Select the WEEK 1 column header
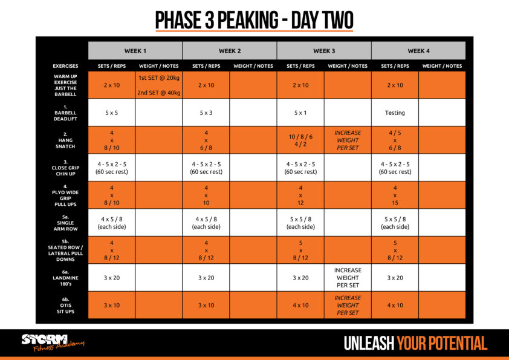pyautogui.click(x=135, y=51)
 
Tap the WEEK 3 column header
pyautogui.click(x=324, y=51)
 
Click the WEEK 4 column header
pyautogui.click(x=418, y=51)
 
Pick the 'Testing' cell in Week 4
pyautogui.click(x=395, y=113)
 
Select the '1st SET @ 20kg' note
pyautogui.click(x=158, y=78)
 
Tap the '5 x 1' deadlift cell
pyautogui.click(x=300, y=113)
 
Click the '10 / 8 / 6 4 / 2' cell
pyautogui.click(x=300, y=140)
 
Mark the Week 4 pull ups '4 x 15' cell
pyautogui.click(x=395, y=195)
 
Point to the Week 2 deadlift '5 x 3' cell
pyautogui.click(x=206, y=113)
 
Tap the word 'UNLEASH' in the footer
pyautogui.click(x=369, y=344)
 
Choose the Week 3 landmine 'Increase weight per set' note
pyautogui.click(x=348, y=278)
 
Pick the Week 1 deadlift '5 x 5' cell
pyautogui.click(x=111, y=113)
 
